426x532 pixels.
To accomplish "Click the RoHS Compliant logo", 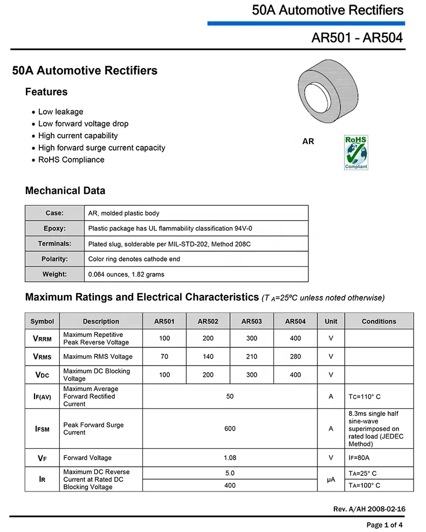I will click(355, 153).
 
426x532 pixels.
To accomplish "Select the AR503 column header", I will click(252, 321).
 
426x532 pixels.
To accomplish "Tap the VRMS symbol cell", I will click(42, 356).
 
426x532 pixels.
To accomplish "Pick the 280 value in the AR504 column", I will click(296, 356).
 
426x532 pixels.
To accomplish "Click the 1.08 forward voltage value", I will click(230, 458).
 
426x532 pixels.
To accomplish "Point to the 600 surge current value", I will click(230, 429).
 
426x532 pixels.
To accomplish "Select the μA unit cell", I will click(331, 479).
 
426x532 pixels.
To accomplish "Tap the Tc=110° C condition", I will click(365, 397).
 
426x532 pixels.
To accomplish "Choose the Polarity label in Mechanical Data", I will click(54, 259).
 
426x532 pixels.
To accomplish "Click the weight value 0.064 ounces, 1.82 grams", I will click(126, 274).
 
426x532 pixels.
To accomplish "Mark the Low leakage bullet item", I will click(60, 112).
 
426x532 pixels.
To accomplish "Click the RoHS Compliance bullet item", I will click(71, 160).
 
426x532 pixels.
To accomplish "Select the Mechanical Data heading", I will click(65, 191).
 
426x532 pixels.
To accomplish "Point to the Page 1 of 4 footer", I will click(384, 525).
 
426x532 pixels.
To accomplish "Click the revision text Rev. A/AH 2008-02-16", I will click(369, 509).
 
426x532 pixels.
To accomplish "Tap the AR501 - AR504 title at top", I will click(357, 38).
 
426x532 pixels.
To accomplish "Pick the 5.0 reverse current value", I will click(230, 473).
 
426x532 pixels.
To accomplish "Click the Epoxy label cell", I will click(54, 228).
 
